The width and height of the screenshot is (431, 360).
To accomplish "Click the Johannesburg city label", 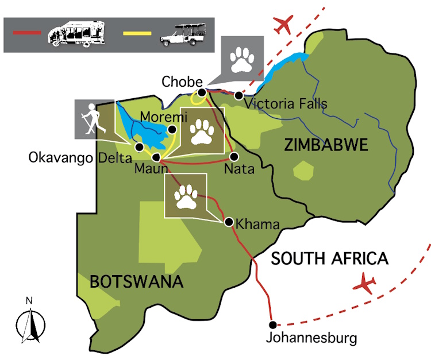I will (311, 338).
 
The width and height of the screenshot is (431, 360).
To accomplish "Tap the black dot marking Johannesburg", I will (272, 324).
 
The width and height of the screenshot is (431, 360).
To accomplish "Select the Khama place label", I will (257, 223).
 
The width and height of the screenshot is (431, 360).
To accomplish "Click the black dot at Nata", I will (234, 156).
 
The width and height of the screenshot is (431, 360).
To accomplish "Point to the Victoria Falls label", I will (286, 104).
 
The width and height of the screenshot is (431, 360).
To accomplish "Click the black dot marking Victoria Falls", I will (238, 95).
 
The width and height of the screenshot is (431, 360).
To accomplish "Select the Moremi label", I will (164, 117).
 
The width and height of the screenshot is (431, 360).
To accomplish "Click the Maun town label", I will (151, 169).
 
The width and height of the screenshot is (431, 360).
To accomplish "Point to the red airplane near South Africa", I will (363, 284).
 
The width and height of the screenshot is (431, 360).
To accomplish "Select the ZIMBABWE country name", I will (326, 146).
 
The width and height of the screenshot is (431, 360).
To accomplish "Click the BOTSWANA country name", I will (136, 281).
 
